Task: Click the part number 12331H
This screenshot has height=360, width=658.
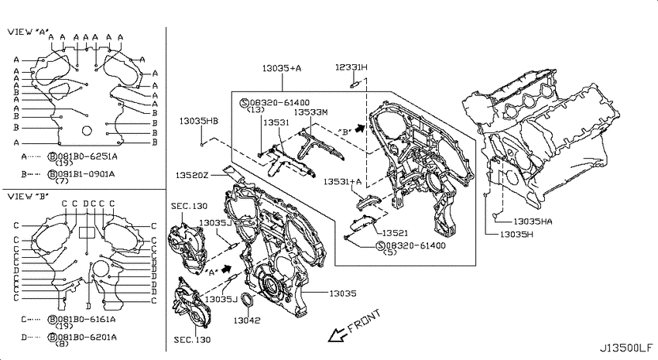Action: point(351,67)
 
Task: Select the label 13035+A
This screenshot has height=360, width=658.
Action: point(282,68)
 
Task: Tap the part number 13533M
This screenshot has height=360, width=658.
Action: point(310,112)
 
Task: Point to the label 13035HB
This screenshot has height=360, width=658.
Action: point(198,121)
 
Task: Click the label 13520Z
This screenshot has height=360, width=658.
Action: point(192,175)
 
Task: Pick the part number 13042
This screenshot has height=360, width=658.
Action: point(247,321)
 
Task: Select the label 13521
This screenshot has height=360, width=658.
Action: point(395,233)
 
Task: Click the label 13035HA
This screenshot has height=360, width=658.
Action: point(533,221)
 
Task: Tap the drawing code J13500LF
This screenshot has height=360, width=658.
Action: point(625,348)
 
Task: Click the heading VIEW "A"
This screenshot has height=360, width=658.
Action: point(28,32)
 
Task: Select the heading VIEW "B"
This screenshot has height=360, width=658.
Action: point(28,197)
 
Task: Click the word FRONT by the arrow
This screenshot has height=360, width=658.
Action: point(365,321)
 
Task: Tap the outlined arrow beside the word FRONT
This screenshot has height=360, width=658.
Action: point(338,334)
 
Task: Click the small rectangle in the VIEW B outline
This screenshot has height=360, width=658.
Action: point(87,233)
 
